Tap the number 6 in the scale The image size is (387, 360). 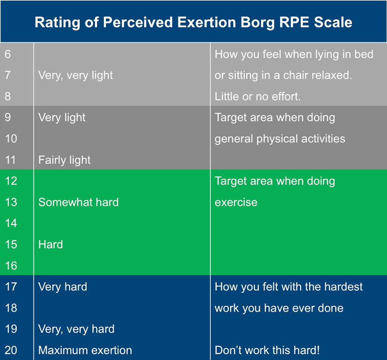click(8, 54)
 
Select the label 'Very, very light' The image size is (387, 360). click(75, 75)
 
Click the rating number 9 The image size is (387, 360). click(8, 117)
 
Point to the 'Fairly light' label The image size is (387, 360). click(64, 160)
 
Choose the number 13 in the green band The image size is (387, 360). click(11, 202)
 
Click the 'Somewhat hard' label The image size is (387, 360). click(78, 202)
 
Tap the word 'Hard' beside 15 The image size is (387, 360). click(50, 245)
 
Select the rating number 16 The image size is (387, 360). click(11, 265)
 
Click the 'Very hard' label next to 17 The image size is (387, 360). click(62, 287)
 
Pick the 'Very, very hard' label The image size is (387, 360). click(76, 329)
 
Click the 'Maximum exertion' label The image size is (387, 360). click(85, 350)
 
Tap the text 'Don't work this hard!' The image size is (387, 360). click(267, 350)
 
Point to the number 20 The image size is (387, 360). click(11, 350)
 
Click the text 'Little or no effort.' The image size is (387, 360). click(258, 97)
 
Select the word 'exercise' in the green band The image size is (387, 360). click(236, 202)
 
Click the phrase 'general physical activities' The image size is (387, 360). click(280, 139)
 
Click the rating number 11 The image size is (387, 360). click(11, 160)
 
